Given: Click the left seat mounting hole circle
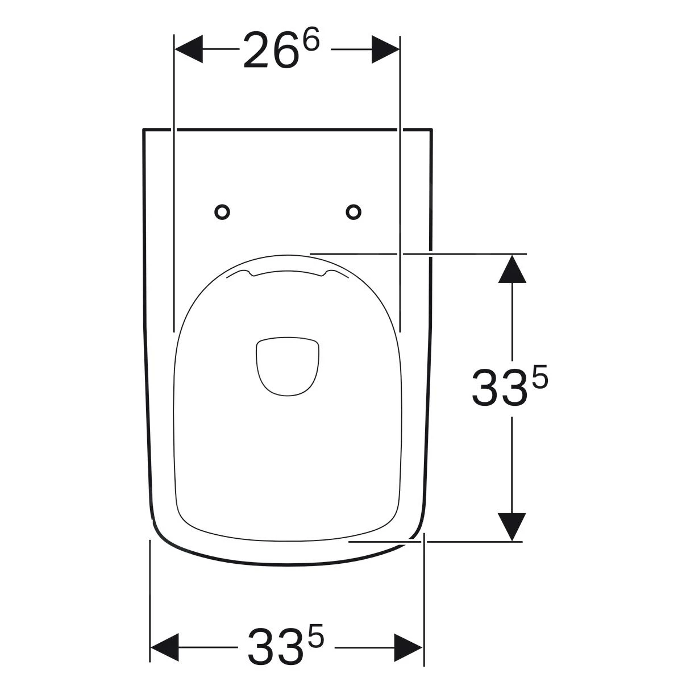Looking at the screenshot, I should click(222, 212).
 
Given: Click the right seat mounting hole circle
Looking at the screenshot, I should click(354, 212).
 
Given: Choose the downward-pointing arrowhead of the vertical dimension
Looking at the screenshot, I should click(513, 526).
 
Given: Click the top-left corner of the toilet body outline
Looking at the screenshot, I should click(143, 130).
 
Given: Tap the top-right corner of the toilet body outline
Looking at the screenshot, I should click(431, 130).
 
